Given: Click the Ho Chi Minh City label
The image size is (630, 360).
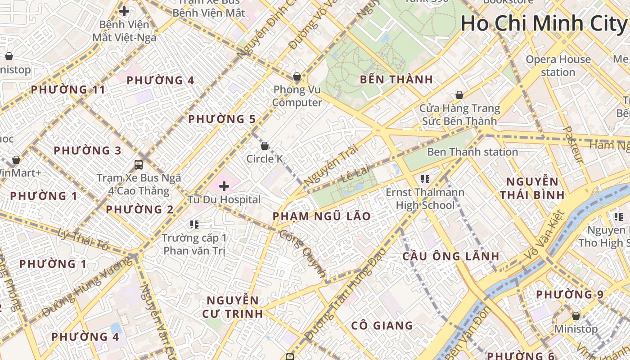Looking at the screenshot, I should pos(544,23).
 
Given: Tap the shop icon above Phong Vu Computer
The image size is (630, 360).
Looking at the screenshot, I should pos(297,76).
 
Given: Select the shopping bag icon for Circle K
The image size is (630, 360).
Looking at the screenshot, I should pos(265,146).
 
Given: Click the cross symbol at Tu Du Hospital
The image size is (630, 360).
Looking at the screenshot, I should pos(224,186).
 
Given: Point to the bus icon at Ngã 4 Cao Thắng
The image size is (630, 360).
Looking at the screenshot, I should pos(139,165).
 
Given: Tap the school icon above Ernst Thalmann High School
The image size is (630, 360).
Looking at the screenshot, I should pos(425,179).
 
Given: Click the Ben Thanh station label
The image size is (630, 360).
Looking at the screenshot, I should pos(472,152).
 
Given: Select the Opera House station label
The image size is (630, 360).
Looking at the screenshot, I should pos(558,66).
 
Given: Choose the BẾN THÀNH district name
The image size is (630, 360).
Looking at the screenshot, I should pos(396,80).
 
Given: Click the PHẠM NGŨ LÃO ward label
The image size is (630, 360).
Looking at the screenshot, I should pos(322,216).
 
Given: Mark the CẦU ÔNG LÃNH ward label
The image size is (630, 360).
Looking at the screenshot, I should pos(450,256).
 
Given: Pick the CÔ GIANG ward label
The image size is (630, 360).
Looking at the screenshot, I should pos(382,325).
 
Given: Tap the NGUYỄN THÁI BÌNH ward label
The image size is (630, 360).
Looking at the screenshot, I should pos(532,188).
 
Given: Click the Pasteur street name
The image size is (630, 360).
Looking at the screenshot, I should pos(573,144).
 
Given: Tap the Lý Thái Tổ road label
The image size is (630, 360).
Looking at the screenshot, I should pos(84,239).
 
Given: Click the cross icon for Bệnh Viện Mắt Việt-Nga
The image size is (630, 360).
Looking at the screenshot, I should pos(124,11).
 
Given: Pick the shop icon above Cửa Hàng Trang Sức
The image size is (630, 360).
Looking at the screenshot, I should pos(459,95).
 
